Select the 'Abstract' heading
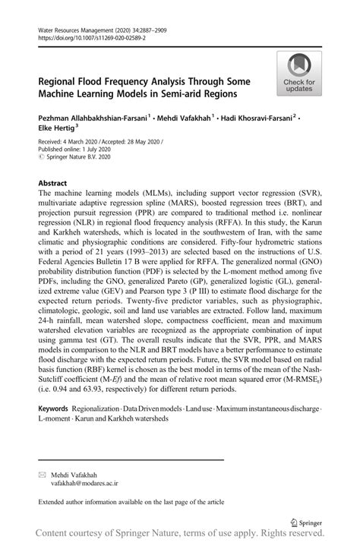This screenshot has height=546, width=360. click(54, 184)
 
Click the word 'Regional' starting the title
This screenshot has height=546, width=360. click(65, 80)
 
